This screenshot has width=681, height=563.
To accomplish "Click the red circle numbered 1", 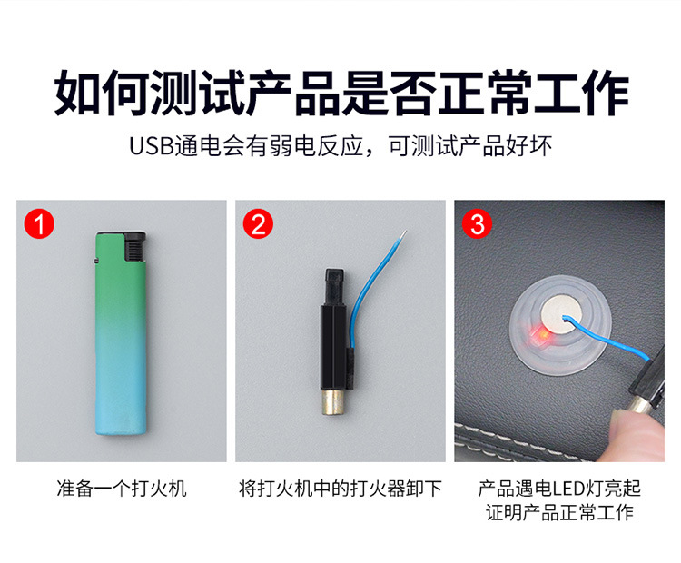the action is [39, 224].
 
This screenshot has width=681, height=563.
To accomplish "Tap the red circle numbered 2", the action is [258, 224].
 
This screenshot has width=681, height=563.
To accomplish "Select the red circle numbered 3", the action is [477, 224].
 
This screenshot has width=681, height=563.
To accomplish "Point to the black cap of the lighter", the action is [135, 246].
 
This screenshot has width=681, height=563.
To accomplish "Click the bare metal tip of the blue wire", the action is [403, 234].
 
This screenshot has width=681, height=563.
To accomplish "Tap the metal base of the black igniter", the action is [334, 402].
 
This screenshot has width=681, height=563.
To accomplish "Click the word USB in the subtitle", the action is [152, 146].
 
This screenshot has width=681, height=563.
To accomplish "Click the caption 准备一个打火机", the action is [122, 489].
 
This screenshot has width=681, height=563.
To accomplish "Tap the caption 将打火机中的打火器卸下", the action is [340, 489].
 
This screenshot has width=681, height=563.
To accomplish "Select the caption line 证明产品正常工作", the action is [559, 513].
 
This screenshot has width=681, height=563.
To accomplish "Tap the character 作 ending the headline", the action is [605, 93].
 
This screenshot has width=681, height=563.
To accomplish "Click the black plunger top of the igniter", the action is [334, 287].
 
